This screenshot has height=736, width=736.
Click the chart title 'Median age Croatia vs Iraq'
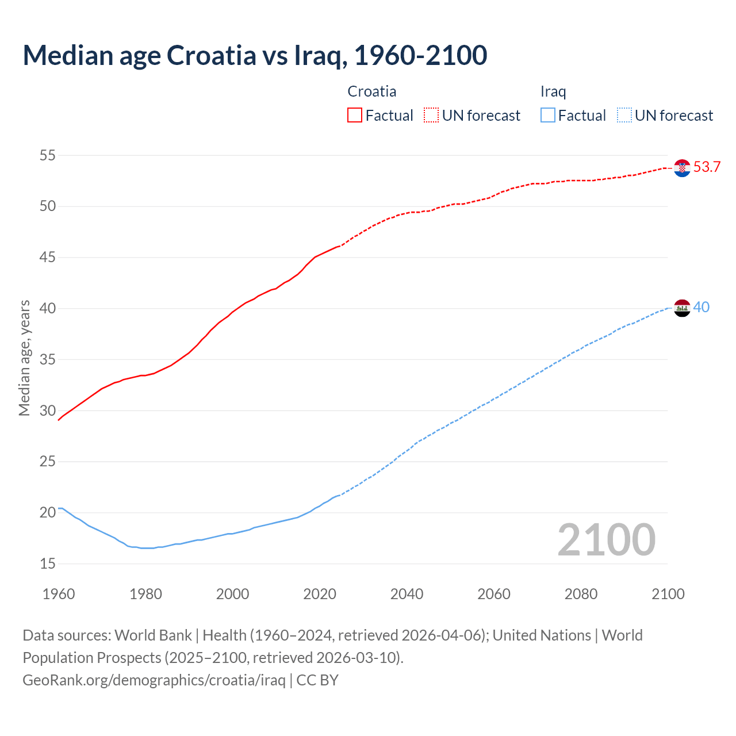coord(255,56)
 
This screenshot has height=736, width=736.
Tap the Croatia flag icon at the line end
coord(682,168)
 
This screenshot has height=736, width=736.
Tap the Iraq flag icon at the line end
coord(682,308)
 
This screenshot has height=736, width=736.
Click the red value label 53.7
coord(707,167)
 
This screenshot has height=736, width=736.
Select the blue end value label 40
coord(701,308)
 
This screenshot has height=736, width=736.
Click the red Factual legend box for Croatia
coord(355,116)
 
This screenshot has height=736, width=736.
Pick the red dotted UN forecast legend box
coord(431,116)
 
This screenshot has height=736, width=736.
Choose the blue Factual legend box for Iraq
coord(548,116)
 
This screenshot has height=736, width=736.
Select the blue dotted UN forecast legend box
coord(624,116)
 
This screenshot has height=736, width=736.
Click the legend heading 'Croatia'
coord(372,91)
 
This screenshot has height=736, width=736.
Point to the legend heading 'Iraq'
coord(553,91)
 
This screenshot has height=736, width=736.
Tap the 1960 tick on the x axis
coord(59,594)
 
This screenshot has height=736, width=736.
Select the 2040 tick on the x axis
coord(407,594)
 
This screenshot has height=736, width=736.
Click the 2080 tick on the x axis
coord(581,594)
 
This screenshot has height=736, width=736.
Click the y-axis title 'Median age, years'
coord(24,358)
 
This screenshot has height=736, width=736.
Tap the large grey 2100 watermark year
coord(606,540)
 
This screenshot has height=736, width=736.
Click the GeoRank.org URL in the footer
coord(154,680)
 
